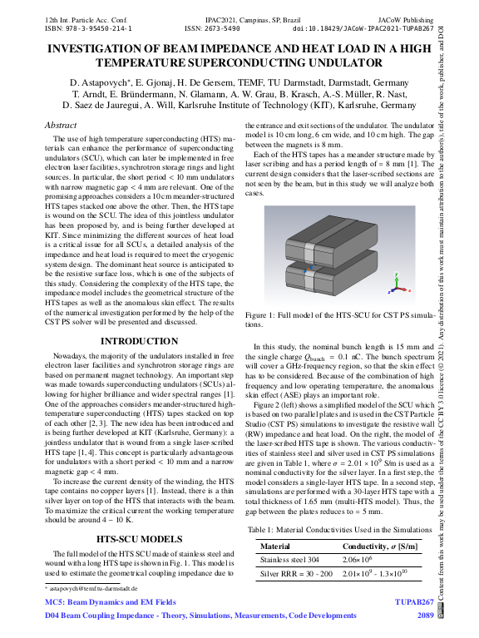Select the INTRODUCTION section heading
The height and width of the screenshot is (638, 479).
134,341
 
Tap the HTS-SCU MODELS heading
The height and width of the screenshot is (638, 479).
134,515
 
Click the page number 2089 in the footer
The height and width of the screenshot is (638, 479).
425,615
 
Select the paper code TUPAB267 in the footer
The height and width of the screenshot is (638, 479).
413,600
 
